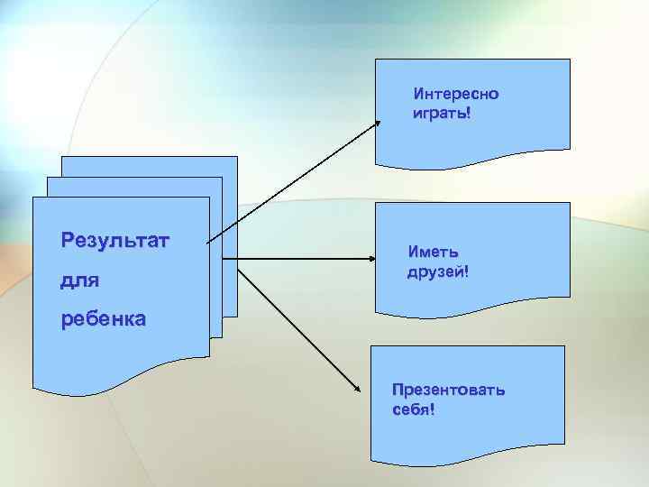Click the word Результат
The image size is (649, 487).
[x=116, y=241]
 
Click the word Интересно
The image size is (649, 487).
[x=456, y=94]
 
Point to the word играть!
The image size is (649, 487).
[x=442, y=115]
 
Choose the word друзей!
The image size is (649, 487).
[x=439, y=271]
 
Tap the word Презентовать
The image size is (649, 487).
[x=449, y=391]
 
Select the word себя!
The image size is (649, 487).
[x=415, y=411]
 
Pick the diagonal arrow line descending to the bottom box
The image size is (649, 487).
[x=297, y=325]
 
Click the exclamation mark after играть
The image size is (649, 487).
[x=469, y=115]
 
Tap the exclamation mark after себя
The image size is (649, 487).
[x=433, y=411]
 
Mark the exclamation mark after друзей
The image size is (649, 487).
[x=467, y=271]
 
